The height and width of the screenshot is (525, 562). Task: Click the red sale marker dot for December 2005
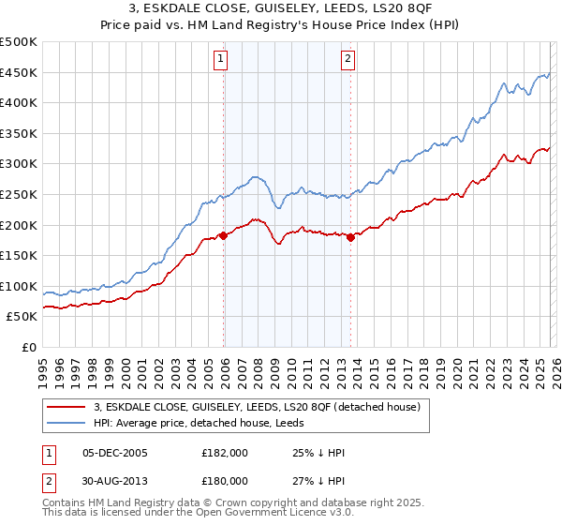pos(224,235)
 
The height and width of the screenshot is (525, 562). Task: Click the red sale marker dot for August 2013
pos(351,237)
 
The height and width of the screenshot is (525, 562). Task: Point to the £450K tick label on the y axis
pos(19,72)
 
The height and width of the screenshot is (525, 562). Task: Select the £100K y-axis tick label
pos(19,286)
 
